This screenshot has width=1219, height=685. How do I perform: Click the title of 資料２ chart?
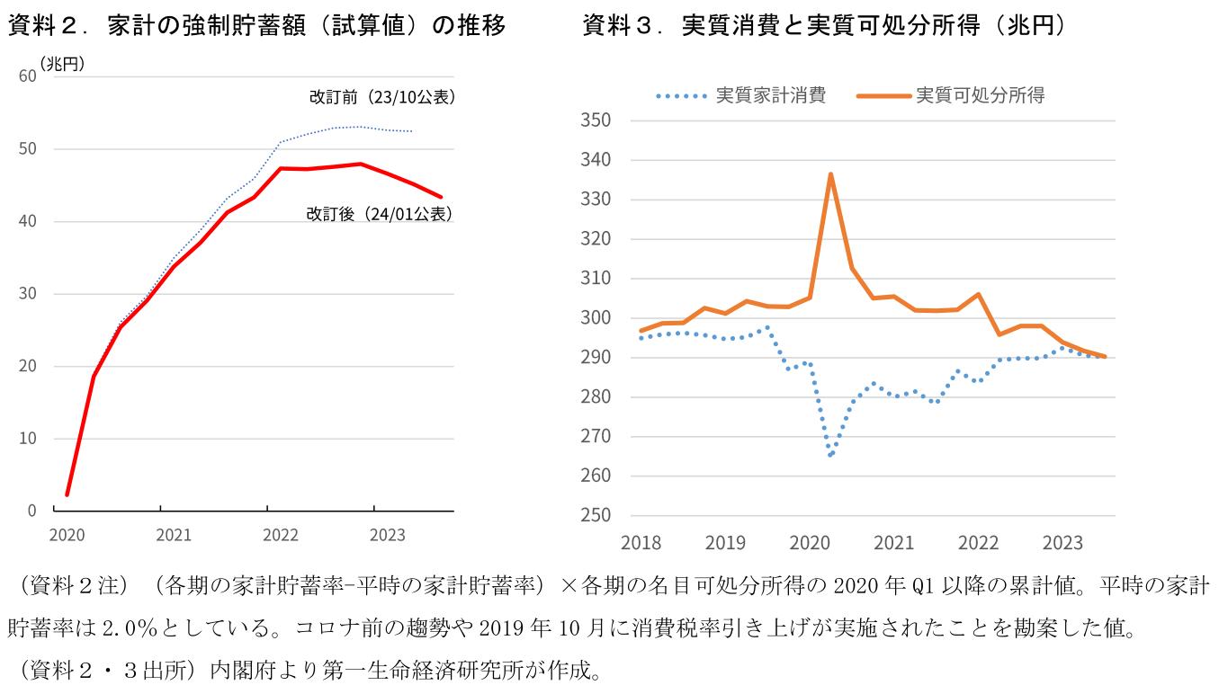pos(256,26)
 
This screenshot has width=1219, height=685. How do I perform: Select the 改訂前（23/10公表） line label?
pos(381,97)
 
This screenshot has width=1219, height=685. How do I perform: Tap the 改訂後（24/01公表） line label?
pos(379,214)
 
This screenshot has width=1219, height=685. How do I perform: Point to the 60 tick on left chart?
pos(27,76)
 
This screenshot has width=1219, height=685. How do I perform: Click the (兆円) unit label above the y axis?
pos(62,63)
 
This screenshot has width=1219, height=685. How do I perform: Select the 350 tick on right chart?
pos(596,120)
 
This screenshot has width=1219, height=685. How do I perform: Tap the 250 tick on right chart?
pos(596,516)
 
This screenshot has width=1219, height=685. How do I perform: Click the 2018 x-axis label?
pos(641,544)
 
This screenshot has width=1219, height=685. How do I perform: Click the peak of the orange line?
pos(830,174)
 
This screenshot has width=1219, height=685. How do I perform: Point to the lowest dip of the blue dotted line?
pos(830,456)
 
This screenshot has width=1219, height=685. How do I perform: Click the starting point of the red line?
pos(67,494)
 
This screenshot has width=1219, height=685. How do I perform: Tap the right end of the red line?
pos(441,197)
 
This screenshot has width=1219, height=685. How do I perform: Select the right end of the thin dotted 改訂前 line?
pos(412,131)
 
